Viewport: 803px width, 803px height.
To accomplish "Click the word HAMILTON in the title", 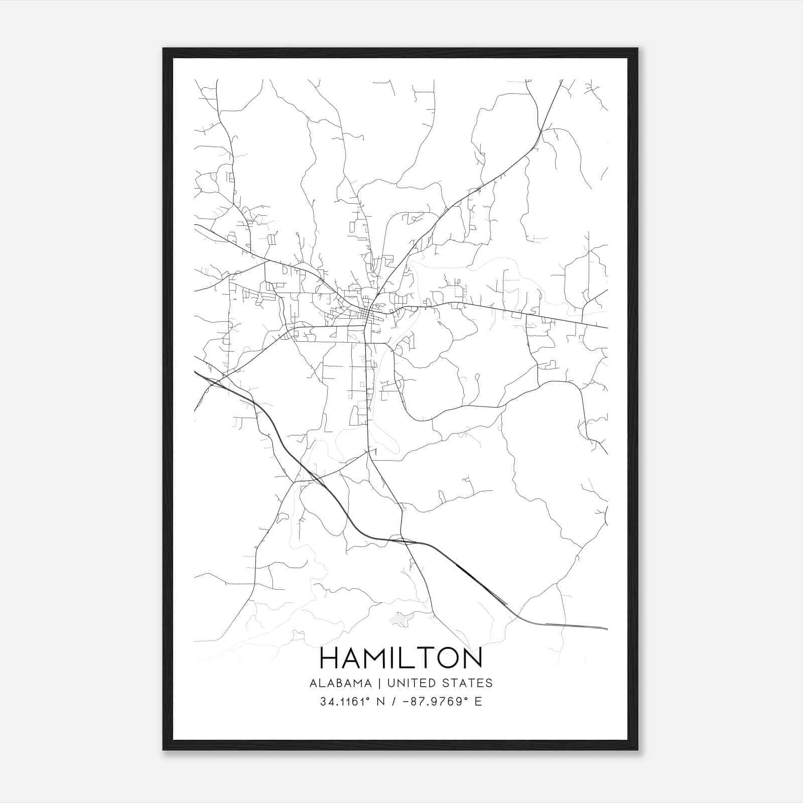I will pos(400,658).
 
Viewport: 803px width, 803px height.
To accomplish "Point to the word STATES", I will pos(467,683).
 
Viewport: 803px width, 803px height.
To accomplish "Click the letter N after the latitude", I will pos(381,702).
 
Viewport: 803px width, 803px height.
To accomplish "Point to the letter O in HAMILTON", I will pos(446,658).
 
